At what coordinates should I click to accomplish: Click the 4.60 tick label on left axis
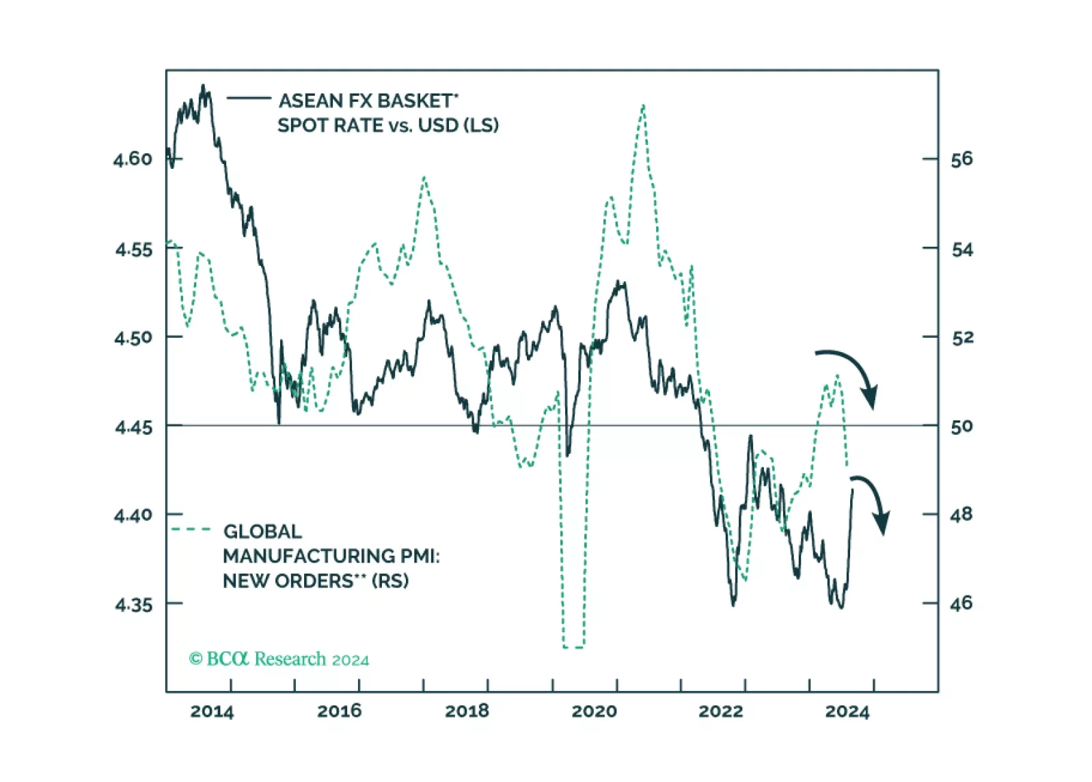click(x=133, y=159)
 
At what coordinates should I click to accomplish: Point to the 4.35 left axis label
click(x=133, y=605)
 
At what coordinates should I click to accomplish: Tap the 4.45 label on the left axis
click(x=133, y=428)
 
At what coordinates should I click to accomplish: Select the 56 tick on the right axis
click(x=961, y=159)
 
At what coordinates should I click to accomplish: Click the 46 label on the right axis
click(x=961, y=604)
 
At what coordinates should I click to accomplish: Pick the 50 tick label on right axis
click(x=961, y=427)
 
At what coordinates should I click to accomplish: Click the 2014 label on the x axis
click(x=212, y=712)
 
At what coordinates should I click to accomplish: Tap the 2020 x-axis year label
click(x=594, y=712)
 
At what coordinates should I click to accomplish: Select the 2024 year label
click(x=847, y=712)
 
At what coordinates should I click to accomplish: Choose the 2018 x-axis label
click(x=467, y=712)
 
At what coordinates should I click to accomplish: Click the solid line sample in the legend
click(x=249, y=98)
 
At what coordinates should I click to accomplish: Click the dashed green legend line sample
click(x=191, y=529)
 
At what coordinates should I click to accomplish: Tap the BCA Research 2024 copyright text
click(x=279, y=659)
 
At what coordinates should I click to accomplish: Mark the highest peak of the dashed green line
click(x=643, y=105)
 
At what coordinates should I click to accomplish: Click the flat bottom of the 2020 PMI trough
click(x=573, y=647)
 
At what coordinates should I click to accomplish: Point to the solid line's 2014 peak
click(x=203, y=86)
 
